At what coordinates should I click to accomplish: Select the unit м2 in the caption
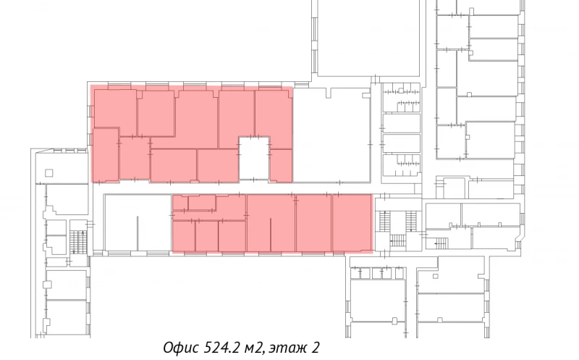tap(255, 348)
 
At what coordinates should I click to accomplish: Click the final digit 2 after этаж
tap(316, 348)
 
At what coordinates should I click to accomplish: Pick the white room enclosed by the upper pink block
tap(254, 158)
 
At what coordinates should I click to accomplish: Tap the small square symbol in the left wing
tap(48, 172)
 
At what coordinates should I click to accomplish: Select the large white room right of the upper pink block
tap(331, 135)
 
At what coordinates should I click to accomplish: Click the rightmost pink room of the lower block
tap(352, 223)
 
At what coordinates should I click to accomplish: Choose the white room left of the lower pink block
tap(138, 223)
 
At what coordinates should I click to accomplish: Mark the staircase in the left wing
tap(78, 243)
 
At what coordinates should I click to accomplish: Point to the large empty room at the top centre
tap(368, 38)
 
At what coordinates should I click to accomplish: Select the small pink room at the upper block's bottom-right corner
tap(282, 166)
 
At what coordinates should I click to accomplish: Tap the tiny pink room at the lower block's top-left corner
tap(180, 203)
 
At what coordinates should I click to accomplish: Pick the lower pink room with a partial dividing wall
tap(271, 223)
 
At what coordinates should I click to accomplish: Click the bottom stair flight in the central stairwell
tap(397, 240)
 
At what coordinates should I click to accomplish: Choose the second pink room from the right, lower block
tap(313, 223)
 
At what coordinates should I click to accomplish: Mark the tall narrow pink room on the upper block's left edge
tap(106, 155)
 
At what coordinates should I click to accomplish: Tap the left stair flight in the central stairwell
tap(384, 221)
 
